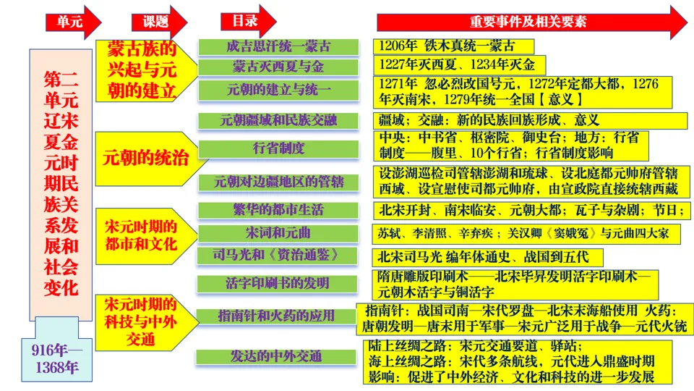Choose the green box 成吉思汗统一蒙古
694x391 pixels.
(278, 47)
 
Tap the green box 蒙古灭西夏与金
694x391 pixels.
(278, 67)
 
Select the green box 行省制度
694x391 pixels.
(278, 148)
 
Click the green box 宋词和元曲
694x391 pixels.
(278, 232)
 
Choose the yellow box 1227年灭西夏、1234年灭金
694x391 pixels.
(460, 65)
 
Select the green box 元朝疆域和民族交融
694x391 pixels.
(278, 120)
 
